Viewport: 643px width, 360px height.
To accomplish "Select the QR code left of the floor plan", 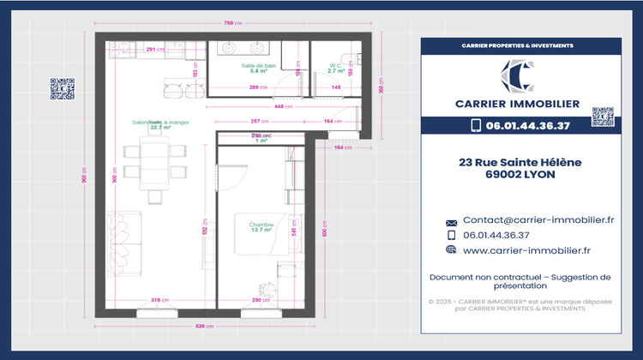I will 62,89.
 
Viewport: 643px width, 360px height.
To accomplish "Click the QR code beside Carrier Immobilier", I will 603,117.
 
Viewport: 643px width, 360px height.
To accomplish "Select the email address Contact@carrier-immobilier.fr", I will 538,220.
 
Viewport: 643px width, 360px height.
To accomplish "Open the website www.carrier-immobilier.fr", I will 526,250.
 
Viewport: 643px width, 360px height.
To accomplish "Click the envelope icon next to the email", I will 452,222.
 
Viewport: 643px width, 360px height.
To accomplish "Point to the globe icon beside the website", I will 452,250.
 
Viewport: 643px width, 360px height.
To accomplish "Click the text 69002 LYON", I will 519,174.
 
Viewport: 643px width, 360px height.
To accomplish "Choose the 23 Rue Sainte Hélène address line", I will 519,161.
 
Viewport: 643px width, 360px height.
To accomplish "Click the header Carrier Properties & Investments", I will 518,45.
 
